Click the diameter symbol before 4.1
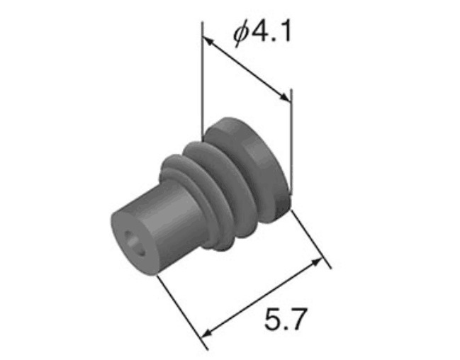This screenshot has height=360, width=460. point(241,34)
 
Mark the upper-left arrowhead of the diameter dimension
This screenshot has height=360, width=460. point(208,41)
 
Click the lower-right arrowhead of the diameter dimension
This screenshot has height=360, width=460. point(286,98)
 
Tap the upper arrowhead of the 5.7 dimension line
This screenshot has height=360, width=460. point(317,262)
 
